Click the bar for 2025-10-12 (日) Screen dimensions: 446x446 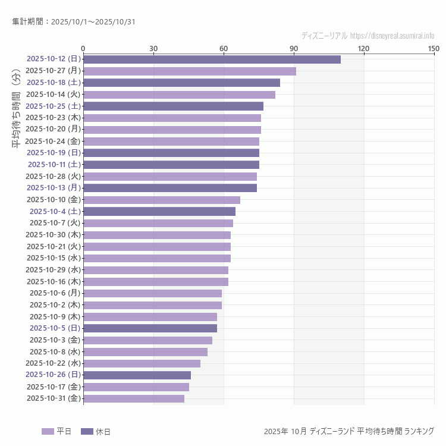(212, 59)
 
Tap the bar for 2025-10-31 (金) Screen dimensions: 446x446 (134, 398)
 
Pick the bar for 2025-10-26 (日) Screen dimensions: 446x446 (137, 375)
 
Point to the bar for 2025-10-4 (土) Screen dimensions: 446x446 (159, 211)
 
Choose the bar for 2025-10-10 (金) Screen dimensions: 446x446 (162, 200)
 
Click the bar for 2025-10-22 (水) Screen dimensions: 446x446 (142, 363)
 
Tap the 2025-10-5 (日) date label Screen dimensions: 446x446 (55, 328)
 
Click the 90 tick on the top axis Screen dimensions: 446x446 (294, 49)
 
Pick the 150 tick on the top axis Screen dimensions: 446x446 (434, 49)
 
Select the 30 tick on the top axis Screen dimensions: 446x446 (153, 49)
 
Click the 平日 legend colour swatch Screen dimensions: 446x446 (48, 431)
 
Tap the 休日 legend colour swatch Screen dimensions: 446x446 (87, 431)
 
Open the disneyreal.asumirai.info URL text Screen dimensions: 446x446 (392, 36)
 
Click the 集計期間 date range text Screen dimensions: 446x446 (74, 22)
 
